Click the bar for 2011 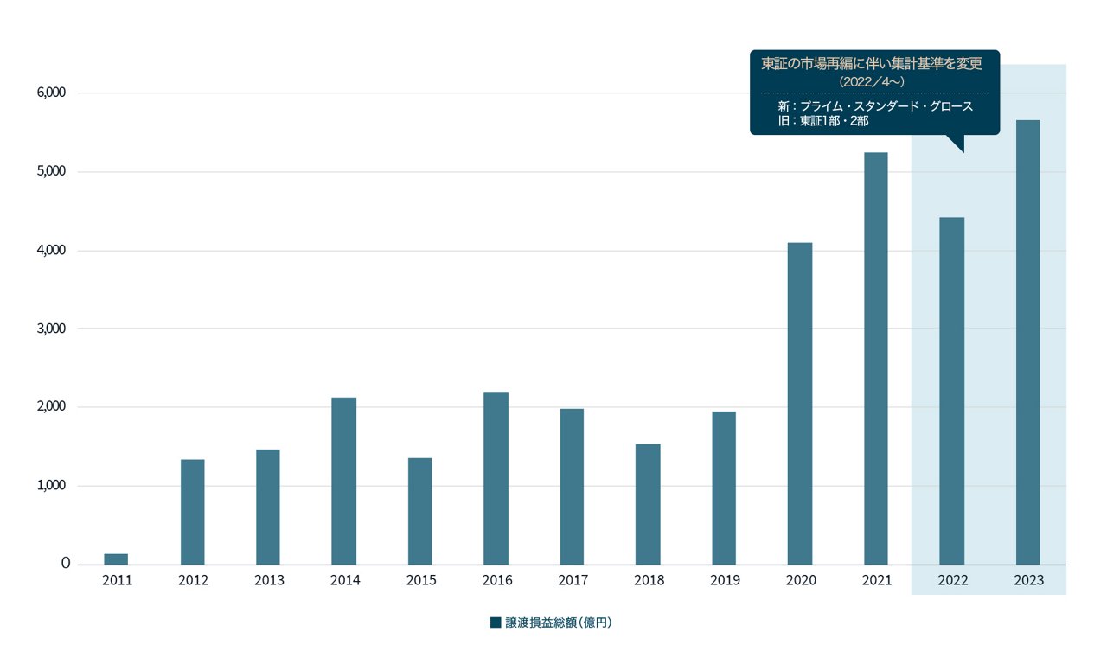(116, 559)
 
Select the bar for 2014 (344, 481)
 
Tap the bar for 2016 (496, 478)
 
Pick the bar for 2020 (800, 404)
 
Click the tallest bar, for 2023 (1027, 342)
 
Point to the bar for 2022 (951, 391)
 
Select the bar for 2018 (648, 504)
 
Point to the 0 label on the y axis (66, 564)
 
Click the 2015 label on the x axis (420, 580)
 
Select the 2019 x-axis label (724, 580)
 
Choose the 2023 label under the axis (1028, 580)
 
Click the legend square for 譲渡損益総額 (496, 622)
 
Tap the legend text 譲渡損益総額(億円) (559, 622)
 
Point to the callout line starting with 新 (875, 106)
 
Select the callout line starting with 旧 (822, 121)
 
